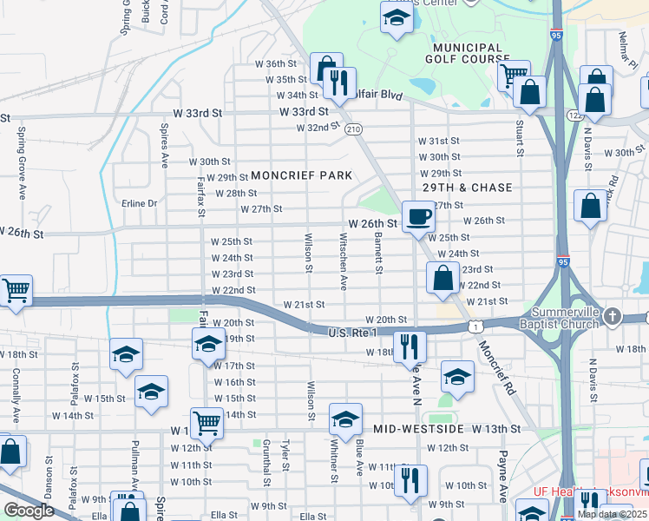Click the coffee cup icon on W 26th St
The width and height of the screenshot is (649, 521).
point(417,216)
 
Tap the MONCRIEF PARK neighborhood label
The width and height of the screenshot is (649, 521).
point(302,175)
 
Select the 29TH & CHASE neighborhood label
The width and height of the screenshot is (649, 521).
point(467,188)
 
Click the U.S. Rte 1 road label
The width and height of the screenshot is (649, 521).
point(353,333)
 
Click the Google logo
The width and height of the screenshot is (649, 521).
point(29,511)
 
